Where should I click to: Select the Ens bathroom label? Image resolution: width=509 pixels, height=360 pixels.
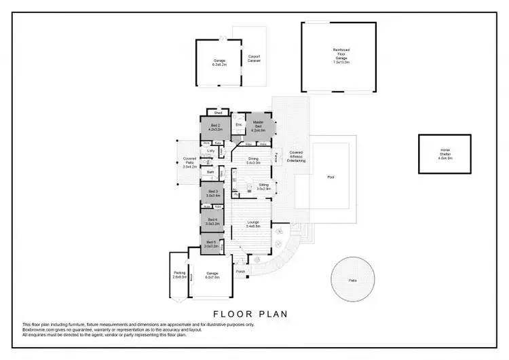238,125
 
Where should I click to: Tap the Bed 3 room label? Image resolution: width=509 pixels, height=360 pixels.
212,194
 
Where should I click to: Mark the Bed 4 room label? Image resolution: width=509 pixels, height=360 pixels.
212,221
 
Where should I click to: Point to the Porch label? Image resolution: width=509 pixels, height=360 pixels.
240,272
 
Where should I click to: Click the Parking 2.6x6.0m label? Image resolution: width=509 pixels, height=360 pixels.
179,274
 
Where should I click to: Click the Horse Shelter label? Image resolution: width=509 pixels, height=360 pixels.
445,154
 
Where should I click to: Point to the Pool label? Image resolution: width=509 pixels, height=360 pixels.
331,177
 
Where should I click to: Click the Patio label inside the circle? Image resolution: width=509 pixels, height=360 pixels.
353,278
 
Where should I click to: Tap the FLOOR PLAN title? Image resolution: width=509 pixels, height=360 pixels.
250,314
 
